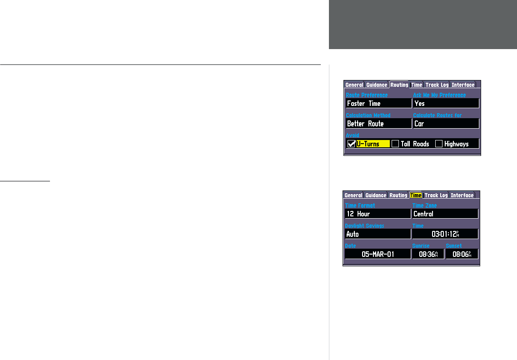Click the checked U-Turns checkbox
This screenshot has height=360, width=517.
click(351, 144)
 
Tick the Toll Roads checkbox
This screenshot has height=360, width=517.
click(395, 144)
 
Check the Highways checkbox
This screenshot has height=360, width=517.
click(439, 144)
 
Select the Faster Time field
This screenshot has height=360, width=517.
click(378, 104)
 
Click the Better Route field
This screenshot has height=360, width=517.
click(378, 124)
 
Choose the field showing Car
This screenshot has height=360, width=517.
click(446, 124)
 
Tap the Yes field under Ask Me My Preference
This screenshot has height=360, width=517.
click(446, 104)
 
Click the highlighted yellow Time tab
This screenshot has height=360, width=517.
click(416, 195)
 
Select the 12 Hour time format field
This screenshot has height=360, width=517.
click(378, 214)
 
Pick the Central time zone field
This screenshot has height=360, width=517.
click(445, 214)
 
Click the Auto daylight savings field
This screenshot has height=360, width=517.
click(378, 234)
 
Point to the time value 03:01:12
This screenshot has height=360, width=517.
click(445, 234)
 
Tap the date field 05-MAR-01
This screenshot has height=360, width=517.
click(378, 254)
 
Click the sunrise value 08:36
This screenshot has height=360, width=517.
click(428, 254)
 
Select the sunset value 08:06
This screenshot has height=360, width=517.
click(462, 254)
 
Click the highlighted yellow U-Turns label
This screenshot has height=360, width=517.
click(373, 144)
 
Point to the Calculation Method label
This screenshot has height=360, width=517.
click(368, 115)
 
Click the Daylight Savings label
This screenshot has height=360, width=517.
click(364, 225)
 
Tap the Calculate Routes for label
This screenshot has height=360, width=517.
click(437, 115)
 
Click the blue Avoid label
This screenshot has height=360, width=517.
click(352, 135)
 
